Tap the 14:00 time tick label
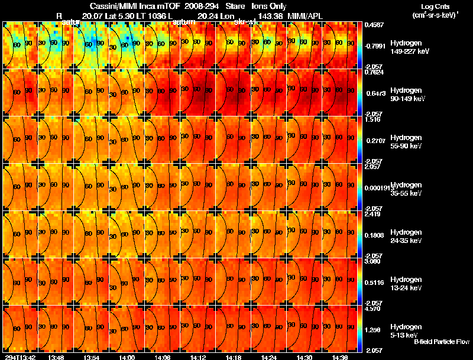pos(127,357)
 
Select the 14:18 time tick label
pos(233,357)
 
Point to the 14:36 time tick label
pos(339,357)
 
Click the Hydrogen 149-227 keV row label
pos(408,47)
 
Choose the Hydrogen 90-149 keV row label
pos(408,94)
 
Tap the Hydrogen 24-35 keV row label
pos(408,236)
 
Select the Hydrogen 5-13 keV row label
pos(408,330)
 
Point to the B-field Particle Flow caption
pos(441,342)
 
